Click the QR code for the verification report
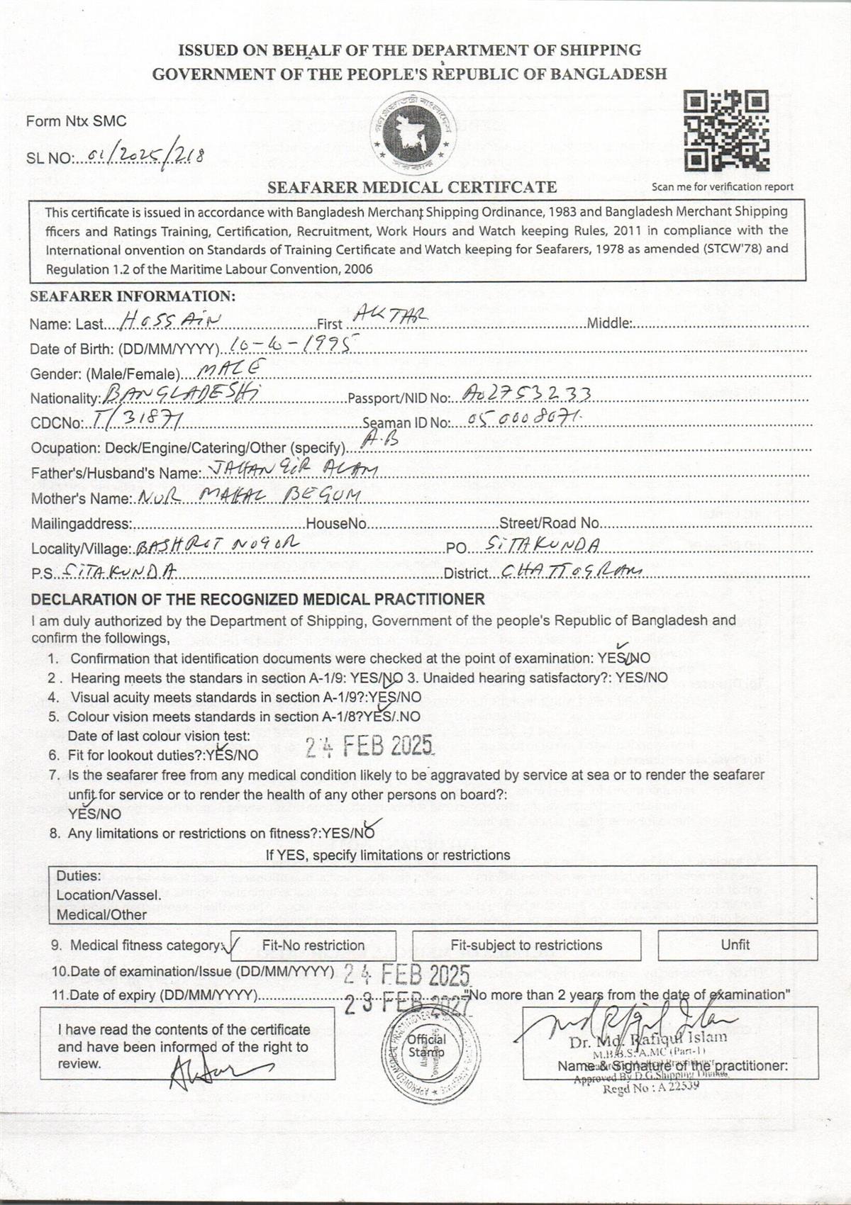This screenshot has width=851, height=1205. [726, 132]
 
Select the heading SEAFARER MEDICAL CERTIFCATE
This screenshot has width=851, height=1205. [411, 187]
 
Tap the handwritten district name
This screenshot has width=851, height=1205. [571, 571]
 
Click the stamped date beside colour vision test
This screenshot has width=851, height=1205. [369, 746]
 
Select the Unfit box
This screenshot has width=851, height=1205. [737, 945]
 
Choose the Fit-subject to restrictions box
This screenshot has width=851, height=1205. [526, 945]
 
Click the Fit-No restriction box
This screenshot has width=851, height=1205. [313, 945]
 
